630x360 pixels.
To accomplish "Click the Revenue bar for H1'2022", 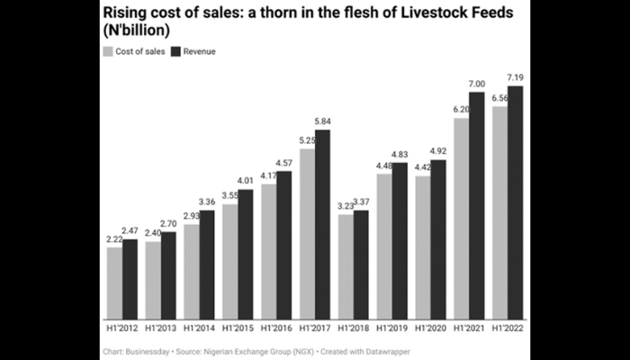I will pyautogui.click(x=516, y=202).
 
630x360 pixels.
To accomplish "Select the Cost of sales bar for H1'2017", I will pyautogui.click(x=307, y=234).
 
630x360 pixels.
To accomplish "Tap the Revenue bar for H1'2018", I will pyautogui.click(x=361, y=265).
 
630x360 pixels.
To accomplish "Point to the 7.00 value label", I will pyautogui.click(x=477, y=84).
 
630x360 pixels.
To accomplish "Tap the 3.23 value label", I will pyautogui.click(x=346, y=206).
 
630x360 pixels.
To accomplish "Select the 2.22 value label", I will pyautogui.click(x=114, y=238).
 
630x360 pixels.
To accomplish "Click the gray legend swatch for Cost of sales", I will pyautogui.click(x=107, y=51).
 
